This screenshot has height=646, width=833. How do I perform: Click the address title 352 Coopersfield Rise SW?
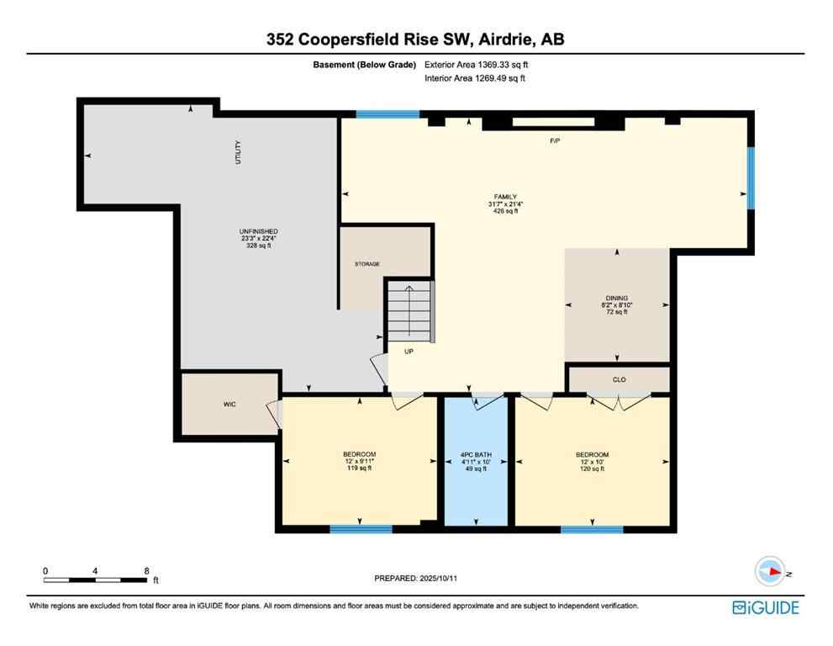[416, 39]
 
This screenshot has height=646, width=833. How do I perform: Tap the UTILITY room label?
[238, 159]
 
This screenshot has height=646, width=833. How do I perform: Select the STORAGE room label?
[366, 264]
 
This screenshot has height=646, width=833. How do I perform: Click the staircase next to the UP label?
[410, 311]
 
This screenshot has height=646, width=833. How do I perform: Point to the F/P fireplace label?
[555, 140]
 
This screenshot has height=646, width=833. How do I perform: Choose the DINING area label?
[618, 298]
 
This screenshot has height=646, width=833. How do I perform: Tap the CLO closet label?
[619, 379]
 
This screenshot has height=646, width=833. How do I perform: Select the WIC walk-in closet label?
[229, 405]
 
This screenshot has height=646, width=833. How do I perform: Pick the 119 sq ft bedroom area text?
[359, 469]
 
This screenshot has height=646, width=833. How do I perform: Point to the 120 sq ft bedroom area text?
[593, 469]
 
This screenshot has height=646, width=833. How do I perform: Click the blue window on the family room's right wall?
[751, 177]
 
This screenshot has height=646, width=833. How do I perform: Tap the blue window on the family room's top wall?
[387, 114]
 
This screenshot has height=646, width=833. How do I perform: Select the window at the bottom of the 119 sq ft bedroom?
[360, 529]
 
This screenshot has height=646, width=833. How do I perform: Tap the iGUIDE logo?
[765, 607]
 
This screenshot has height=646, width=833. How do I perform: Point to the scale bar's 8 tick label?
[146, 570]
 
